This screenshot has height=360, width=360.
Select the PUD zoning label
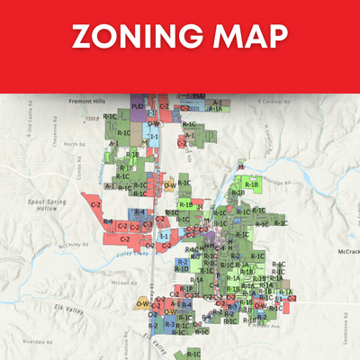[137, 106]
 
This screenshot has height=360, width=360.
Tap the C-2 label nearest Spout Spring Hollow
[95, 205]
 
